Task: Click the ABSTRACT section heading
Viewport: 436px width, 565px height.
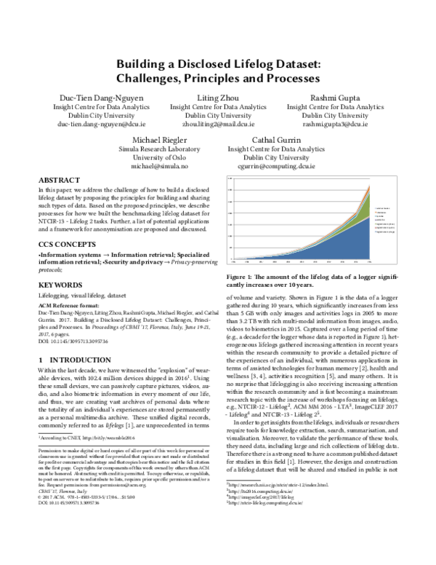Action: point(59,179)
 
